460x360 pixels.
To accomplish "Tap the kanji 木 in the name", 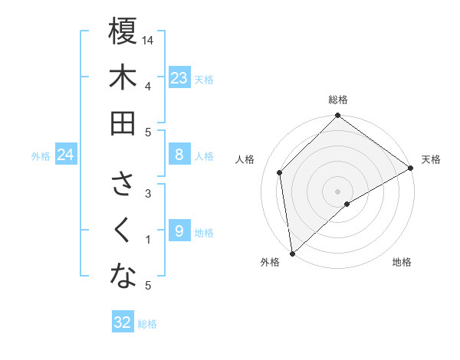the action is [123, 78].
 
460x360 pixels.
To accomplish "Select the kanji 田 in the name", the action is [123, 123].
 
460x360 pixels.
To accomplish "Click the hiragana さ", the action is [123, 185].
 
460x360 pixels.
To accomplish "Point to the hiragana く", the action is [123, 231].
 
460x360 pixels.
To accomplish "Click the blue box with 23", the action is [179, 77].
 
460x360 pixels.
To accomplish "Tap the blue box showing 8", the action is [179, 155].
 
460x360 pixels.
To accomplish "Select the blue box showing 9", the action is [179, 231].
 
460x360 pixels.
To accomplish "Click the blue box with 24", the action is [66, 155].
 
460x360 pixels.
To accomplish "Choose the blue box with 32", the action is [123, 322].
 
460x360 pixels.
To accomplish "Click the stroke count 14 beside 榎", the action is [148, 40].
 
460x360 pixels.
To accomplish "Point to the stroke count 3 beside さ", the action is [148, 193].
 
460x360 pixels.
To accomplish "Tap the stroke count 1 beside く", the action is [148, 239].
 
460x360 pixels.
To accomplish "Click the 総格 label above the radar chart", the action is [338, 100].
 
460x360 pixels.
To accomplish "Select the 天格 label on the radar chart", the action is [431, 159].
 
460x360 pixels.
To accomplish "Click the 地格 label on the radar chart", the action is [402, 262].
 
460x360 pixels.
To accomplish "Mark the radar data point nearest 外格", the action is [292, 253].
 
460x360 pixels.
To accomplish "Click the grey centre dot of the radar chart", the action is [338, 190].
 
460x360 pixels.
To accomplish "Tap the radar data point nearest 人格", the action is [280, 172].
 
